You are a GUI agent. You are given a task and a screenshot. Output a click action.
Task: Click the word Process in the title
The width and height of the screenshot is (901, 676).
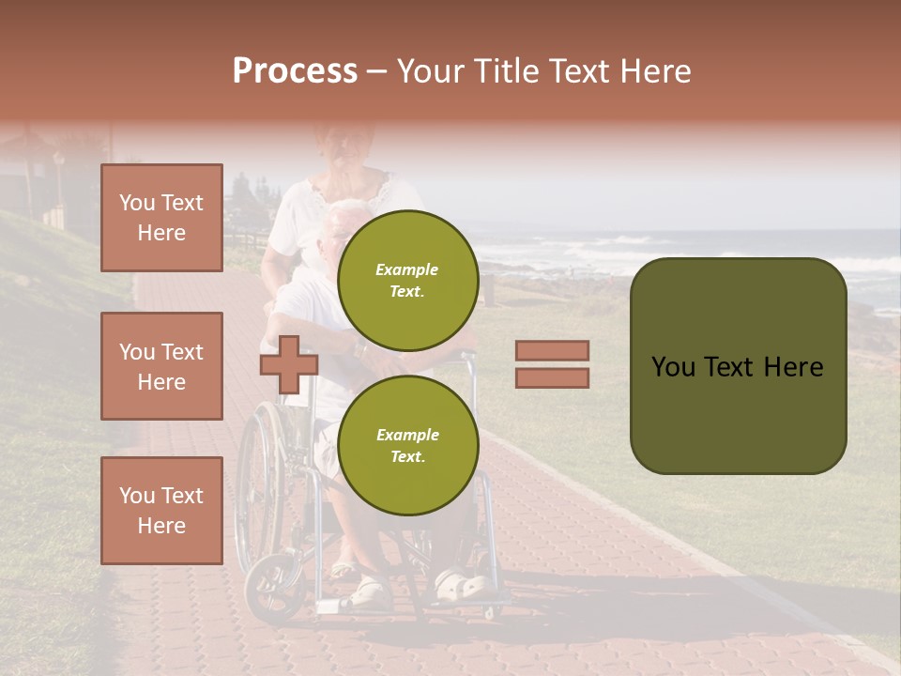tap(295, 71)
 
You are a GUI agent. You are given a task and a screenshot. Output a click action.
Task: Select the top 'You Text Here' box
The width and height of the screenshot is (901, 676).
tap(161, 218)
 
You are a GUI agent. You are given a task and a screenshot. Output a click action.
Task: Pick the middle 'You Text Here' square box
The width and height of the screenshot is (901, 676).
tap(161, 366)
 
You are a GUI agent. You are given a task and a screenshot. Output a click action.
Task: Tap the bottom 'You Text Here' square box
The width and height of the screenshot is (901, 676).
tap(161, 510)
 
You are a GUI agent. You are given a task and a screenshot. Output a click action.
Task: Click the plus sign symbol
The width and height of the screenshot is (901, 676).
tap(289, 364)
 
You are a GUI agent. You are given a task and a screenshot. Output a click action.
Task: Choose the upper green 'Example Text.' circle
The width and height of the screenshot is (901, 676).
tap(407, 280)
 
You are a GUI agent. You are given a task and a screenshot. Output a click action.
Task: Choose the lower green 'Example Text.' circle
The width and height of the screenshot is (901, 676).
tap(407, 445)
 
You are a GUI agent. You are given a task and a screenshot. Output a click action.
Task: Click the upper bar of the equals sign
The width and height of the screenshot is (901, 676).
tap(552, 350)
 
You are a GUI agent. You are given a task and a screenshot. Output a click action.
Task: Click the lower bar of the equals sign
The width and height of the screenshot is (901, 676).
tap(552, 377)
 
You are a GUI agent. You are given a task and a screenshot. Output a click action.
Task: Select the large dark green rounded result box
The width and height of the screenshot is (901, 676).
tap(738, 366)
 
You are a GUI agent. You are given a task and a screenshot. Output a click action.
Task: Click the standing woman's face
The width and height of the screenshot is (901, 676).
tap(348, 144)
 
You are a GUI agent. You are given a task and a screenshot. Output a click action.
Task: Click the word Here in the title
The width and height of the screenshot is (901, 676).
tap(654, 71)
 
